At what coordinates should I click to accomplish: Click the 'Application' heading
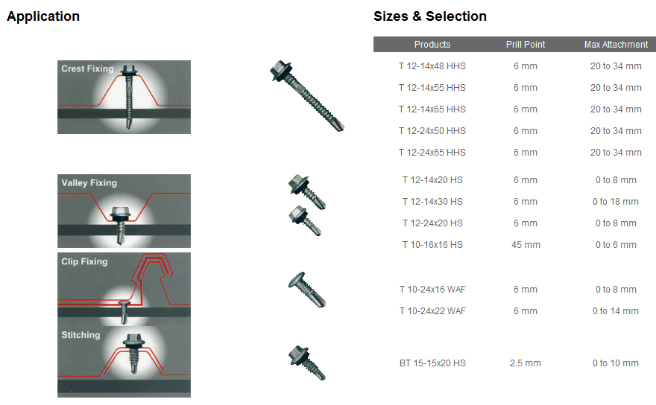pos(43,16)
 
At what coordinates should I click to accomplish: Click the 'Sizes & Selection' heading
pos(430,16)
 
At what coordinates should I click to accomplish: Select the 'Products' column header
pos(432,45)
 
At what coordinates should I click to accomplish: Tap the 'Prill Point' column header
pos(526,45)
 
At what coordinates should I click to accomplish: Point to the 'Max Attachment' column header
pos(616,45)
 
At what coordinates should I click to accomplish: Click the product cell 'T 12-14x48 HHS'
pos(432,66)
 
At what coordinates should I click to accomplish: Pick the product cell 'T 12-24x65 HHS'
pos(432,153)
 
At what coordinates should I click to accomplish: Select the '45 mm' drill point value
pos(526,245)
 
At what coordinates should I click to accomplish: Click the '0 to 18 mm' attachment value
pos(616,202)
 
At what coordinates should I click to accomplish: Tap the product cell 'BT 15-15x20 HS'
pos(432,363)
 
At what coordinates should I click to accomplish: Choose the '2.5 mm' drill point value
pos(526,363)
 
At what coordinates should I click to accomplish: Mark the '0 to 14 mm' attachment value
pos(616,311)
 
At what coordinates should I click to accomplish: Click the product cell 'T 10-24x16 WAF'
pos(432,289)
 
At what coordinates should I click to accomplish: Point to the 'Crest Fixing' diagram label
pos(87,68)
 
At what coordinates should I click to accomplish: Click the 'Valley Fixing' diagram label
pos(89,182)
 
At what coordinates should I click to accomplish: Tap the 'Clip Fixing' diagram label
pos(84,261)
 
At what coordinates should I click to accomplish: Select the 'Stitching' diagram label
pos(81,335)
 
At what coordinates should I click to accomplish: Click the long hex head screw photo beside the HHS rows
pos(307,96)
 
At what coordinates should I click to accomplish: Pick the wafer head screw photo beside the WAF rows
pos(307,289)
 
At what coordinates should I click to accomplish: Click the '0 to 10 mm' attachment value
pos(616,363)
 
